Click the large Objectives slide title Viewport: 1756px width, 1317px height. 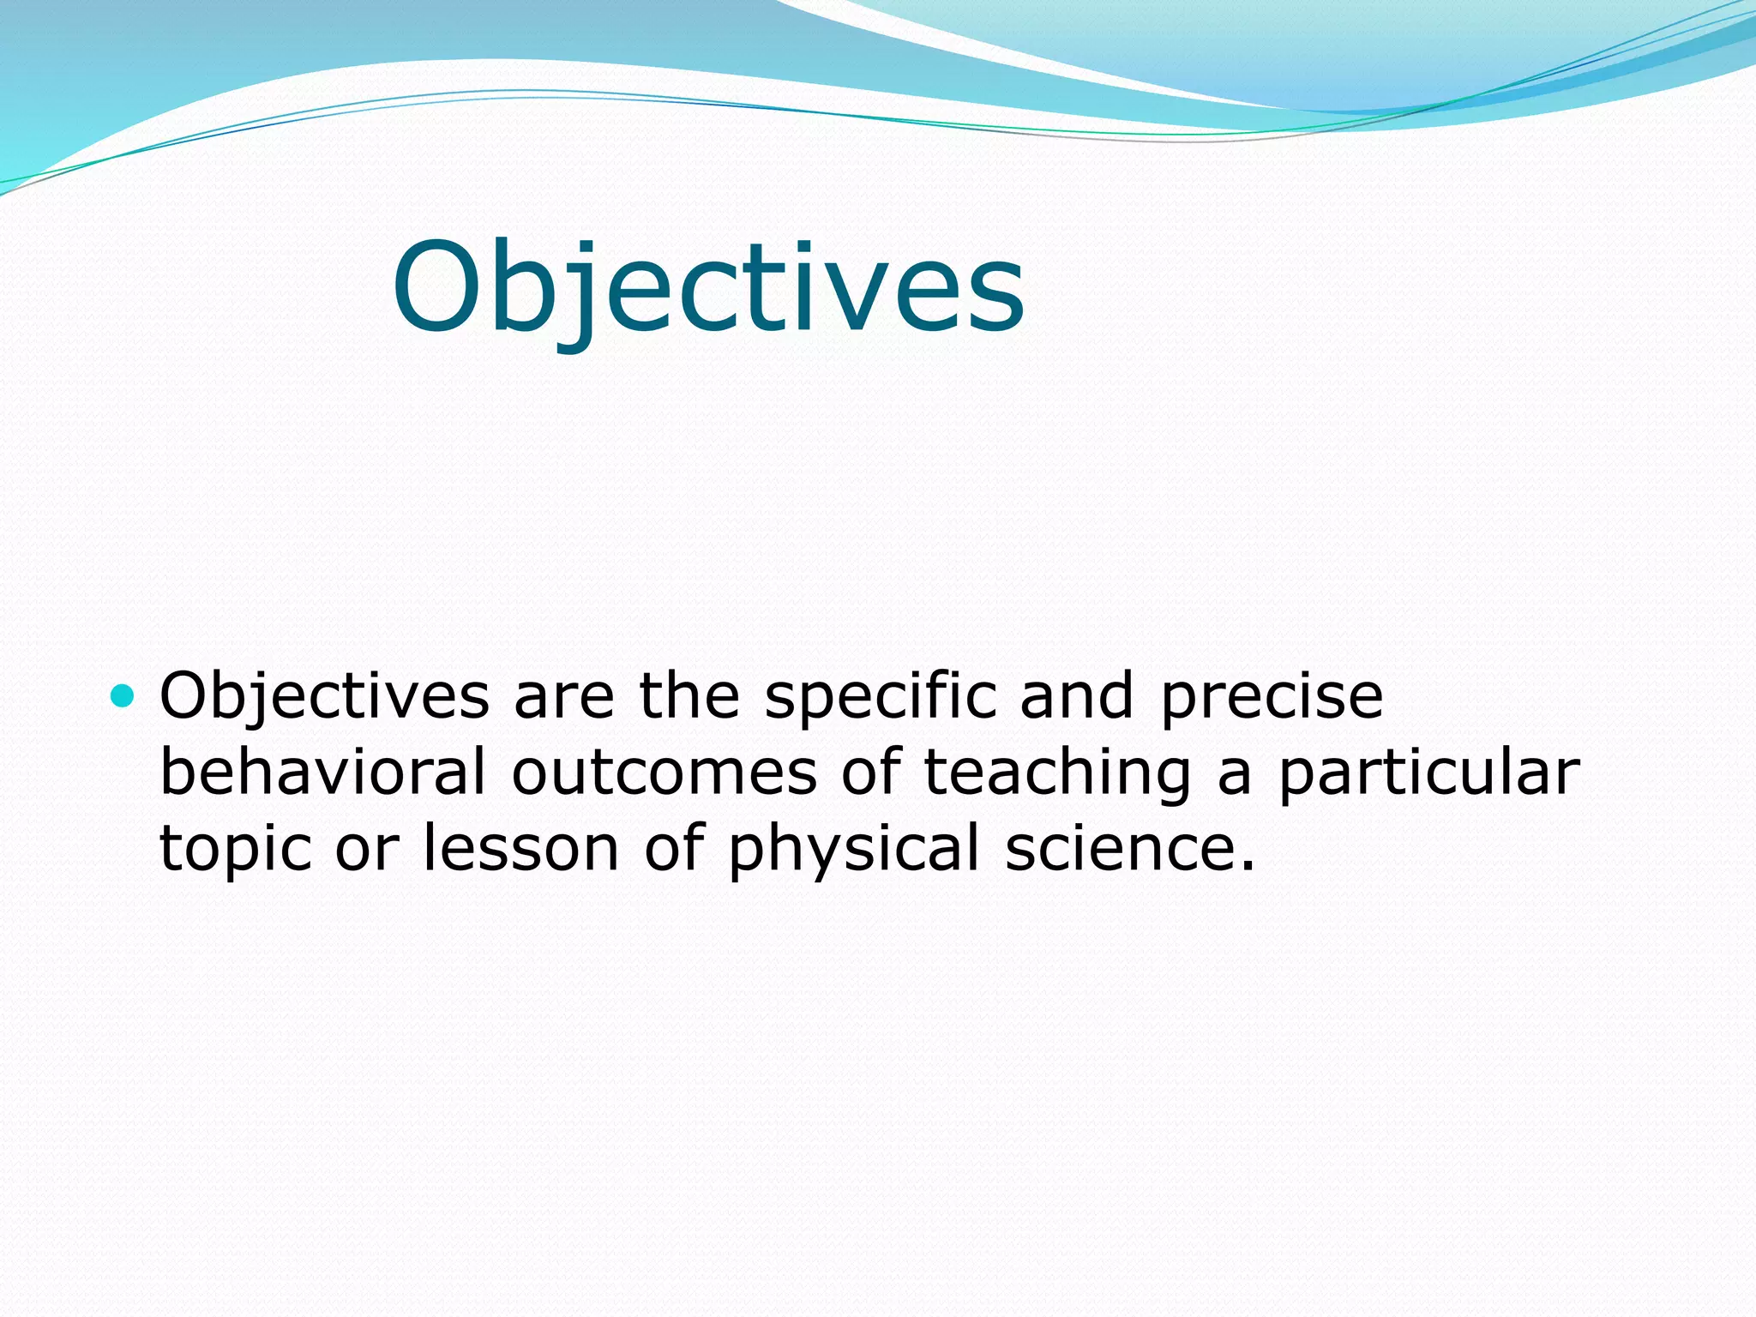[708, 287]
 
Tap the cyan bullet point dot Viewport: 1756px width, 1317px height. [123, 696]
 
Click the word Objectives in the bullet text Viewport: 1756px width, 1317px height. [324, 696]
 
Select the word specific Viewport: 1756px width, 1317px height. [881, 696]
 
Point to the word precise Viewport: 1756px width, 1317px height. [1272, 696]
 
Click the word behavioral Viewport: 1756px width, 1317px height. [323, 772]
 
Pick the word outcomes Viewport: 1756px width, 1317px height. [665, 772]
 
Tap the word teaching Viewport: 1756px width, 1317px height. [1056, 772]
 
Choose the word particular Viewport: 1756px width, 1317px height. [1428, 772]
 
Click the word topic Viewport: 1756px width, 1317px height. [236, 849]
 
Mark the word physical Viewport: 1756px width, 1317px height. [853, 849]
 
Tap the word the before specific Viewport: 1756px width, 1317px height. [689, 696]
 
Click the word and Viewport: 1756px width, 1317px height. [1077, 696]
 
